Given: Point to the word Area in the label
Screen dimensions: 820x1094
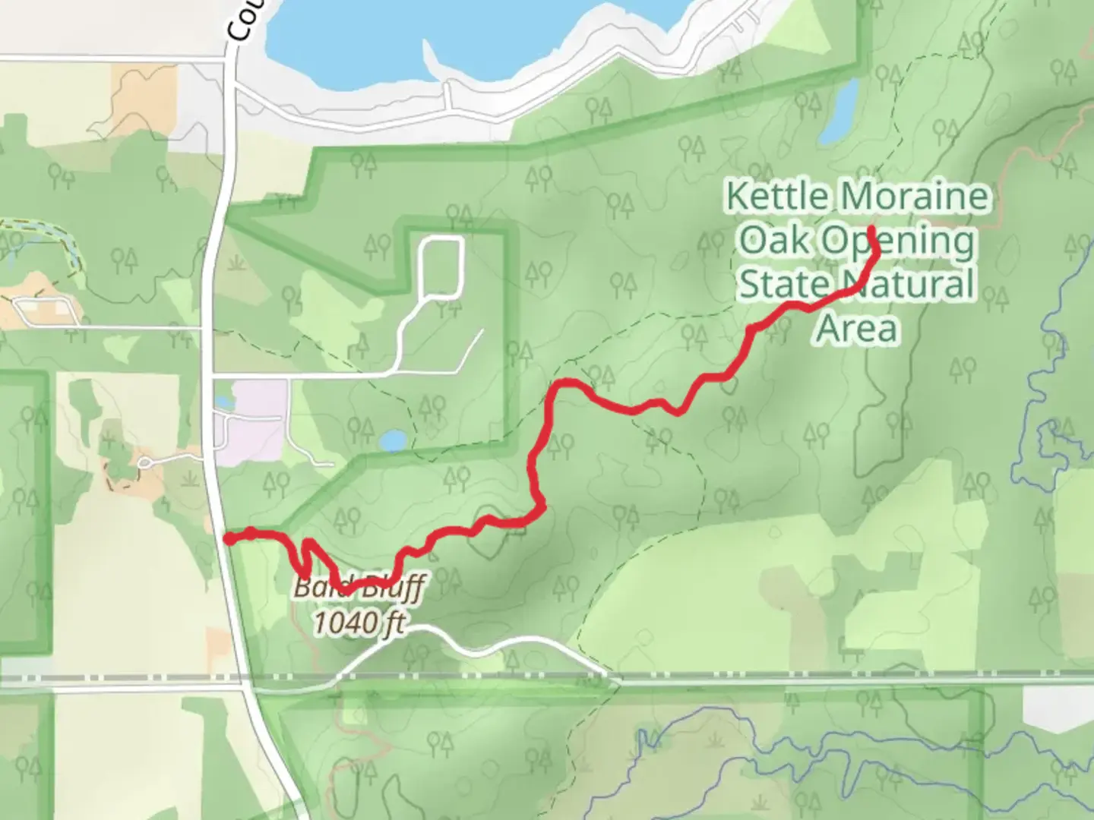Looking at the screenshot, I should coord(857,329).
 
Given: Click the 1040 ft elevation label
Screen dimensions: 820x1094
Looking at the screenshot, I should coord(359,623).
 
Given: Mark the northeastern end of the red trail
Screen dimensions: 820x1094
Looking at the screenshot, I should coord(871,229).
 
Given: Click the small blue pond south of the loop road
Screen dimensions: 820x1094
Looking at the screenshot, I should coord(393,440).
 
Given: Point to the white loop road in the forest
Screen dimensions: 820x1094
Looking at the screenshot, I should coord(441,267).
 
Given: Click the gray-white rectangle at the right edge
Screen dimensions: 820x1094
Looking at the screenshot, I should coord(1058,708).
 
